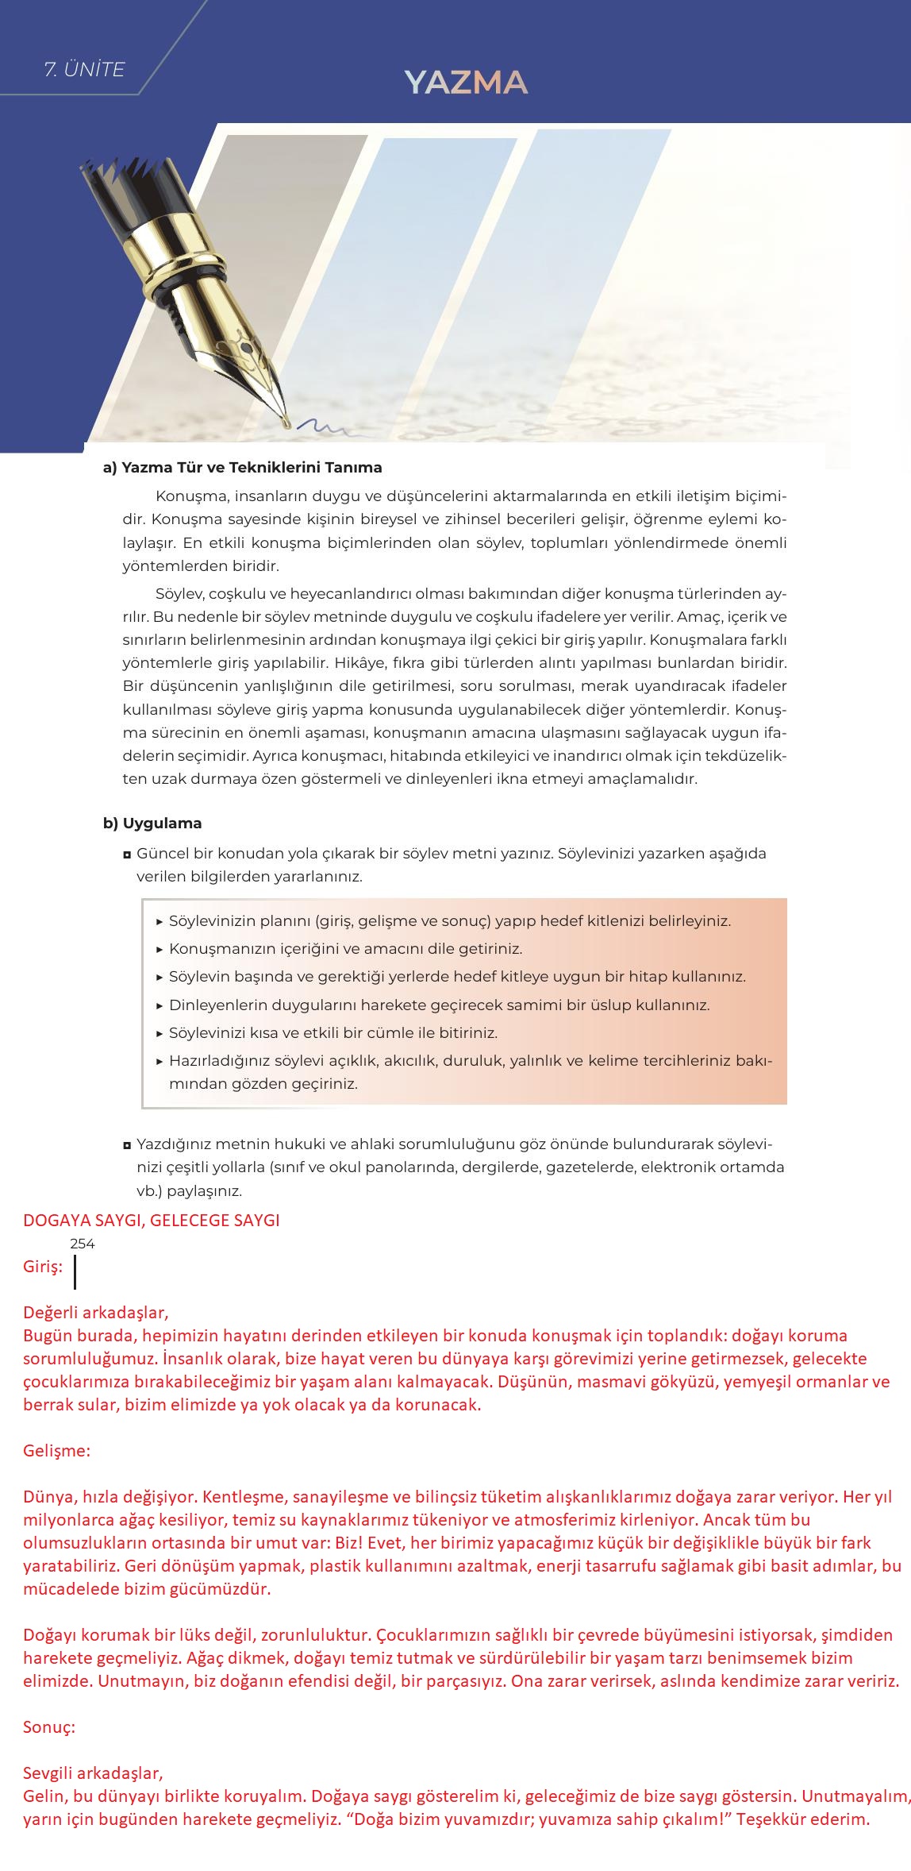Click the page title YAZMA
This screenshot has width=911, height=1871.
[x=466, y=83]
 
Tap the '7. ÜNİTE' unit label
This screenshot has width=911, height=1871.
[x=85, y=70]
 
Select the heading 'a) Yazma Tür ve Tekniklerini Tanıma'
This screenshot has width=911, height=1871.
[x=242, y=468]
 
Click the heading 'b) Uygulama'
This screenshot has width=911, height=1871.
[x=152, y=824]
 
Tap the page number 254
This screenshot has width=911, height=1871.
[x=83, y=1244]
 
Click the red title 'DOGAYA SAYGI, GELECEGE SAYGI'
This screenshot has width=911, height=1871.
[x=152, y=1220]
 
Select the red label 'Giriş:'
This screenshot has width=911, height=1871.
[x=43, y=1267]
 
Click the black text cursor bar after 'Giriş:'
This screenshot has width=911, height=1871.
[x=75, y=1271]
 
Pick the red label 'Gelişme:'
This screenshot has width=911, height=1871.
[x=57, y=1450]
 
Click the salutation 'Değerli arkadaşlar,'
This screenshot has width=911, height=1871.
[x=96, y=1312]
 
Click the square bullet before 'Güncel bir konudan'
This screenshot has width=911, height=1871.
[x=127, y=854]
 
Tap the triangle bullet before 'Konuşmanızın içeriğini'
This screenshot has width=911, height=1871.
[x=160, y=949]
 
